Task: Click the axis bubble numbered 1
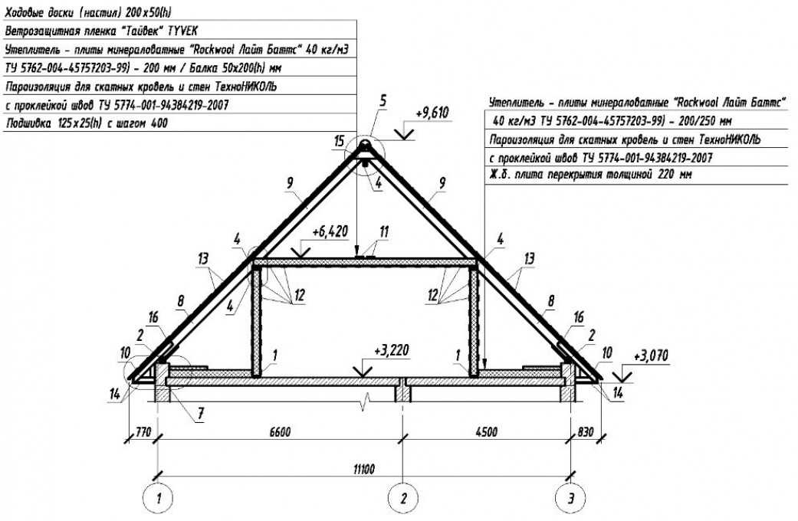[x=159, y=497]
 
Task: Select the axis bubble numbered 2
[x=403, y=497]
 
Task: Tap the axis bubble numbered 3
[x=570, y=497]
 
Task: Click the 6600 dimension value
[x=279, y=432]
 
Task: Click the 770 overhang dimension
[x=143, y=432]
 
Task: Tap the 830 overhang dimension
[x=585, y=432]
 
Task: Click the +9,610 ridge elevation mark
[x=432, y=113]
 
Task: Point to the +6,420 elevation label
[x=330, y=232]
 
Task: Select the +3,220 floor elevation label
[x=392, y=351]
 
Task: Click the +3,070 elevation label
[x=650, y=356]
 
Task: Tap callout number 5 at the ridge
[x=383, y=100]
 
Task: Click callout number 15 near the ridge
[x=340, y=141]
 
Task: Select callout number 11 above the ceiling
[x=384, y=232]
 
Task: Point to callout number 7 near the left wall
[x=201, y=414]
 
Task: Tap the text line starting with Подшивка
[x=87, y=123]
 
